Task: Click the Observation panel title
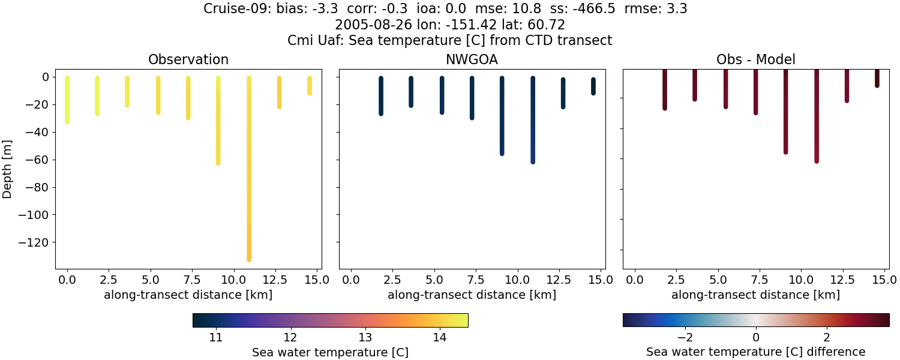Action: coord(188,60)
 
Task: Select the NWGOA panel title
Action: coord(472,60)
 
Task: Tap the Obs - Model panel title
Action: coord(755,60)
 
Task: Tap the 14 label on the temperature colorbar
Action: coord(439,337)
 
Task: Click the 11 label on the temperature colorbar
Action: coord(216,337)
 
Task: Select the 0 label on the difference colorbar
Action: coord(756,337)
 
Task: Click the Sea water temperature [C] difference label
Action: coord(755,352)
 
